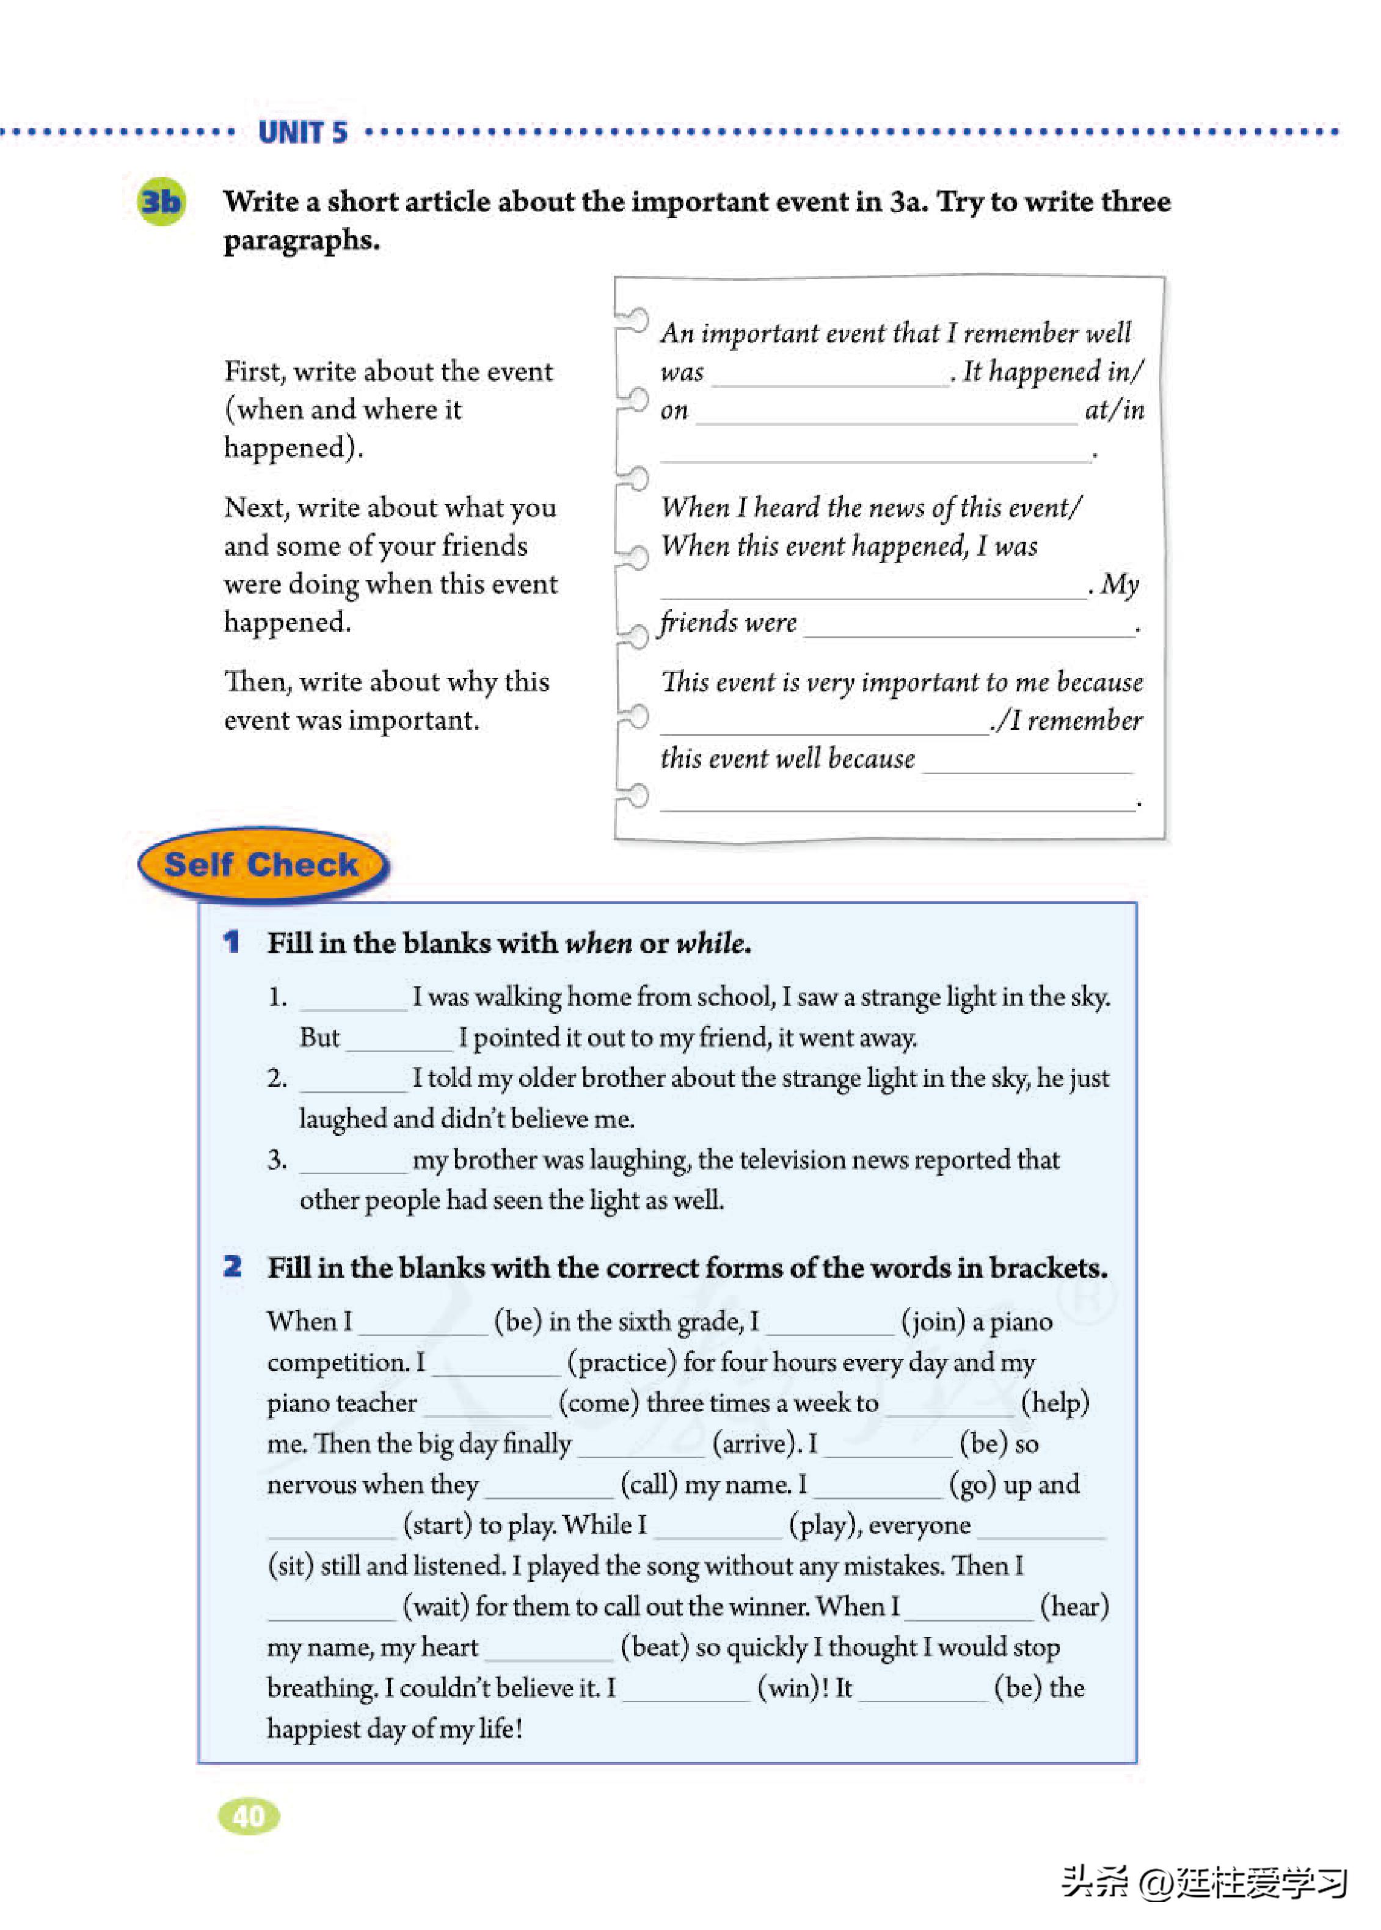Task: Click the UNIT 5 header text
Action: tap(303, 133)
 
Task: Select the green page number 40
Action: tap(249, 1816)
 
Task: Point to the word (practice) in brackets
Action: tap(622, 1363)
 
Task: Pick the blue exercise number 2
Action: tap(232, 1267)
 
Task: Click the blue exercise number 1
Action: tap(231, 942)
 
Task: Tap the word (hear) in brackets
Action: tap(1074, 1607)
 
